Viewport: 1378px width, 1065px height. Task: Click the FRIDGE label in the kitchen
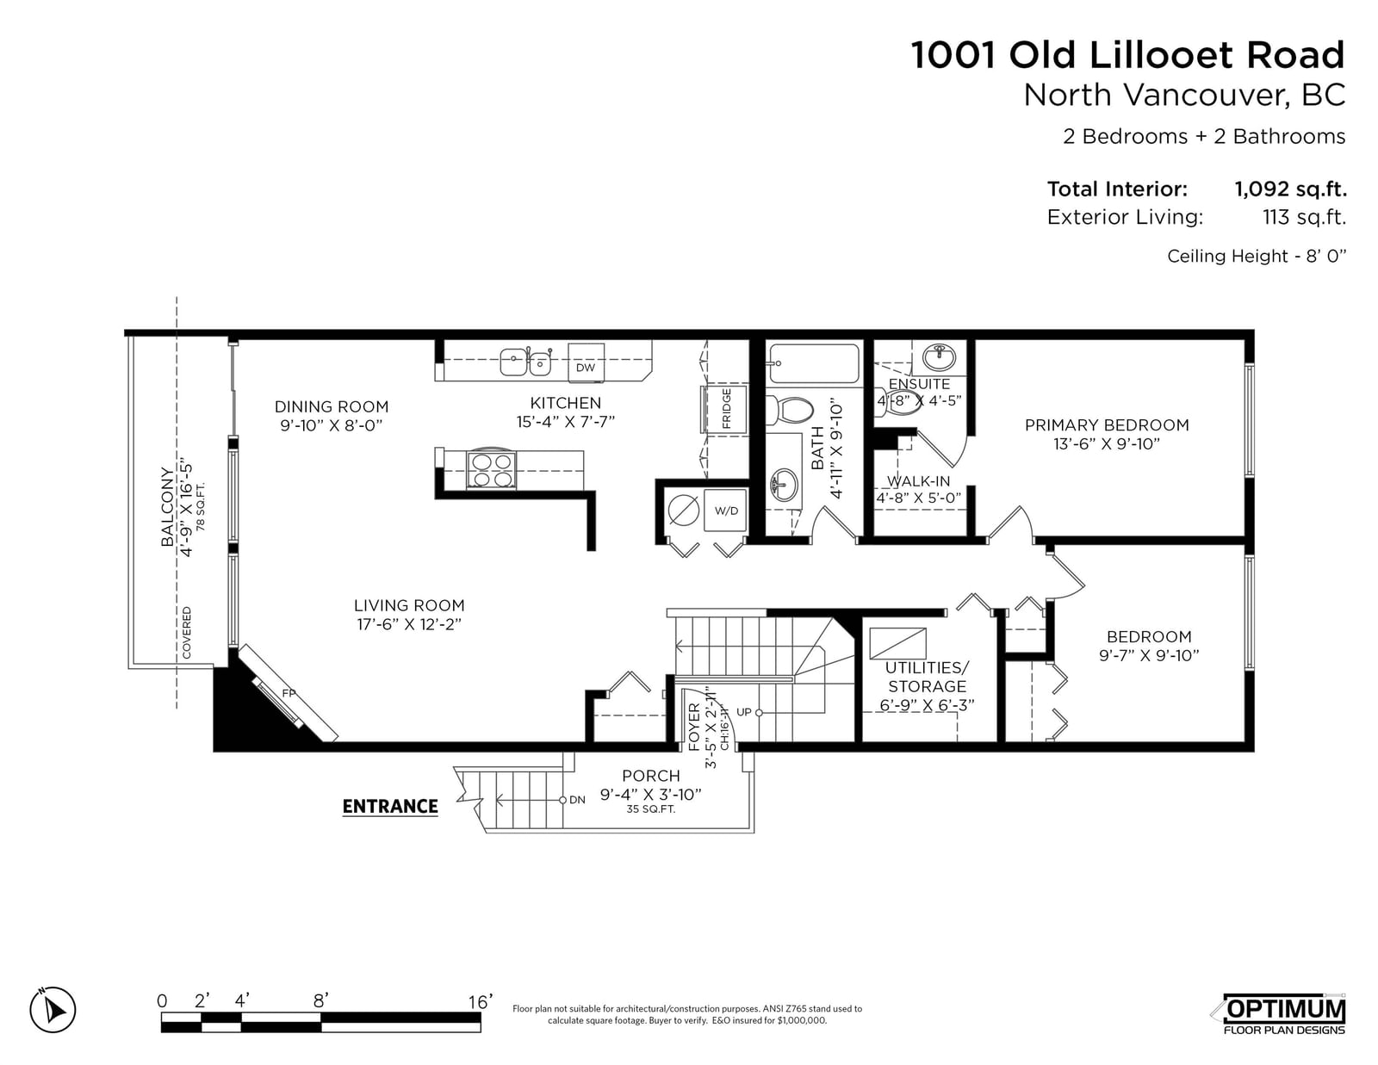click(x=726, y=408)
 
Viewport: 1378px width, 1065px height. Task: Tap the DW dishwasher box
click(x=586, y=363)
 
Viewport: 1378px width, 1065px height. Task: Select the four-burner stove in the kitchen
click(x=492, y=470)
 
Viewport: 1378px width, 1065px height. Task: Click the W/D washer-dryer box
click(x=726, y=511)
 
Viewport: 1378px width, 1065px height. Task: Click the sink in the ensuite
click(x=939, y=357)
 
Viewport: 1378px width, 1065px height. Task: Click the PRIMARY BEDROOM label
click(x=1107, y=424)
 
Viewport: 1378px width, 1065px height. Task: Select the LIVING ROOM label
click(x=409, y=605)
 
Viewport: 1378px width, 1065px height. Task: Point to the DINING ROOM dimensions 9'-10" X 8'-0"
click(x=332, y=425)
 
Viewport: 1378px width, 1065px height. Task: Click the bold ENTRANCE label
click(x=390, y=807)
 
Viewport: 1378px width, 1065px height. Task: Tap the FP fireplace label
click(x=289, y=694)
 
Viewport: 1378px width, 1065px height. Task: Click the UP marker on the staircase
click(x=744, y=712)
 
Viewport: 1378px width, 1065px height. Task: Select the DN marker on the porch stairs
click(x=577, y=800)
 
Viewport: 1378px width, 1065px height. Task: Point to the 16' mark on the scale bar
click(x=480, y=1002)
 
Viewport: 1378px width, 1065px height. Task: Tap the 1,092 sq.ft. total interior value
click(x=1290, y=189)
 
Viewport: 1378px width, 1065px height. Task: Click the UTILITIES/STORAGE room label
click(x=927, y=677)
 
